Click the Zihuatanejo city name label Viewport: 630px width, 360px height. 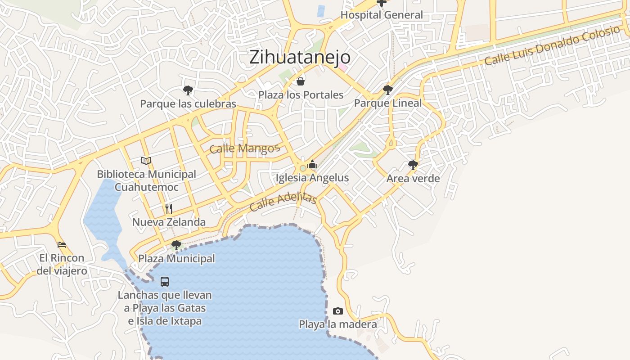coord(300,57)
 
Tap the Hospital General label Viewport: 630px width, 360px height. coord(382,15)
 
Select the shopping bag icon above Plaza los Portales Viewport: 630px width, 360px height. coord(301,81)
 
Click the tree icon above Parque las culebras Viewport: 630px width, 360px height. coord(188,90)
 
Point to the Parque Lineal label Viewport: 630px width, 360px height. coord(388,103)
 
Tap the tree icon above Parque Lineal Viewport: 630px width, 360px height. coord(388,90)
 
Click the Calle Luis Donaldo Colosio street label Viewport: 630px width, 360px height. coord(552,46)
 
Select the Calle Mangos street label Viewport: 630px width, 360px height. coord(245,148)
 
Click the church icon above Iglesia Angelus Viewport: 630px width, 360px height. coord(312,164)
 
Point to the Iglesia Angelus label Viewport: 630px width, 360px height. coord(312,178)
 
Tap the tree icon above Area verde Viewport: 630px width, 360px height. coord(413,165)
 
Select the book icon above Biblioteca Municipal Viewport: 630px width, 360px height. coord(146,161)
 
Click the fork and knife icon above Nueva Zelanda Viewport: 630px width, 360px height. coord(169,208)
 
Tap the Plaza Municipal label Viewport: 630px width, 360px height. coord(176,259)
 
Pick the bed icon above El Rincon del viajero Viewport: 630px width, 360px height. coord(62,245)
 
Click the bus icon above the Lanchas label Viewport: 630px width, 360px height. coord(165,282)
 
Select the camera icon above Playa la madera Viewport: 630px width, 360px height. coord(338,311)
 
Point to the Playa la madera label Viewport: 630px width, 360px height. coord(338,324)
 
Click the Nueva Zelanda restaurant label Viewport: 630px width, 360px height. coord(169,222)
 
